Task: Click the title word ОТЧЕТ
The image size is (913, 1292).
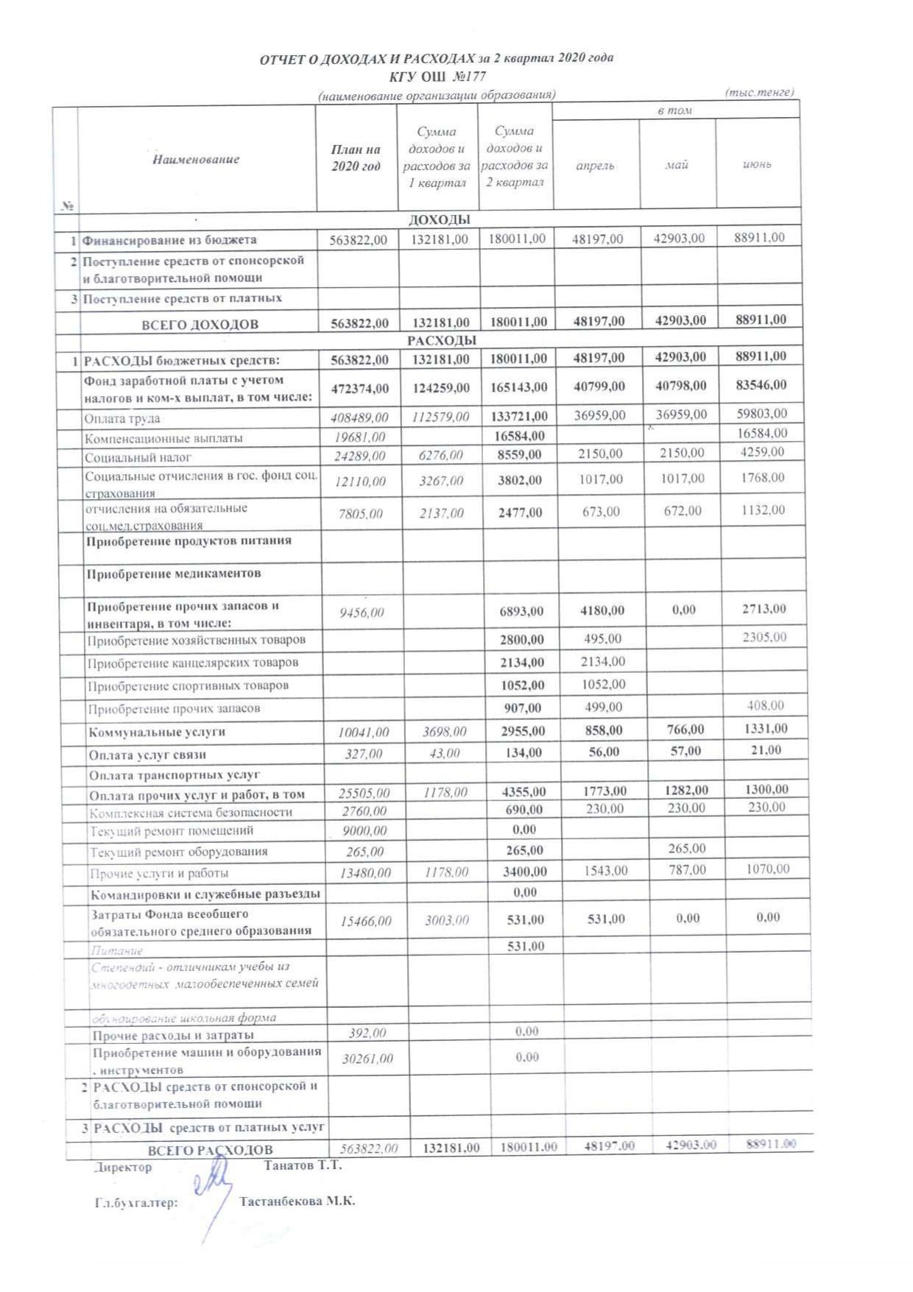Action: [x=283, y=60]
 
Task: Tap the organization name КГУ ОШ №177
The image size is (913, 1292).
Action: [x=437, y=77]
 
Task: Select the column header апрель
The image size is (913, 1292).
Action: [x=595, y=166]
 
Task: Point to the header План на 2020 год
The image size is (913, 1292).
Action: [x=356, y=158]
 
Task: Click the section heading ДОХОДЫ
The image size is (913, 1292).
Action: [x=439, y=219]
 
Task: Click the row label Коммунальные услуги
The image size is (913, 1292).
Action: [x=157, y=733]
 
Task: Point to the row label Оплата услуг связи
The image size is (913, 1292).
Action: [x=147, y=755]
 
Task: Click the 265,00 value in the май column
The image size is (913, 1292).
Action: [x=684, y=848]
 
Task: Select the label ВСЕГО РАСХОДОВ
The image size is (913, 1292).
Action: [x=210, y=1150]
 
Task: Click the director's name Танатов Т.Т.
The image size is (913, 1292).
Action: [x=303, y=1166]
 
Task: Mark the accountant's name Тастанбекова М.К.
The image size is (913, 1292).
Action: [x=297, y=1201]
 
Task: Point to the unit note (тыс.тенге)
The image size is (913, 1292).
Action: [x=759, y=93]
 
